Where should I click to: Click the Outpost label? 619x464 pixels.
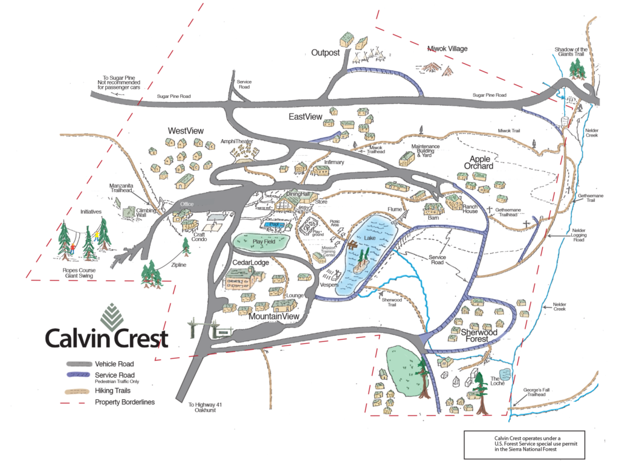click(x=325, y=53)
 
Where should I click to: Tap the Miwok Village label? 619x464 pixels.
click(x=447, y=49)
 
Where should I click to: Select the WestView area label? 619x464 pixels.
click(x=186, y=131)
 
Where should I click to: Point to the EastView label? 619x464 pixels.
click(x=305, y=116)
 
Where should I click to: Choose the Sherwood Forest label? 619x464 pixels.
click(x=479, y=337)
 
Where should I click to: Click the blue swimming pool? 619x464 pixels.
click(x=275, y=225)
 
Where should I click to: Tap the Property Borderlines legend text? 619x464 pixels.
click(x=125, y=402)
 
